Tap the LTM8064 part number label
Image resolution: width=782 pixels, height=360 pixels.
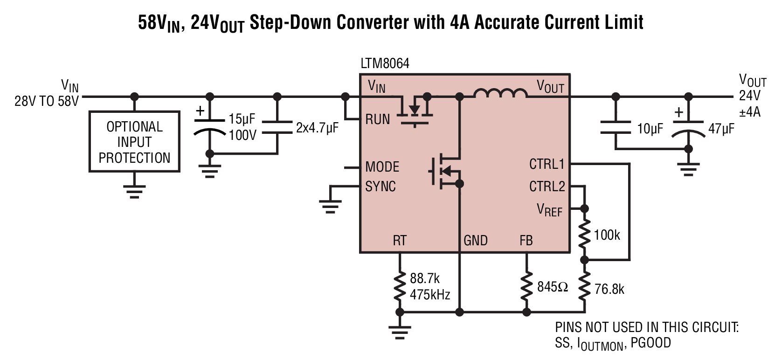coord(385,63)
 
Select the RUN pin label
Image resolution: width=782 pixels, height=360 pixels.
coord(377,119)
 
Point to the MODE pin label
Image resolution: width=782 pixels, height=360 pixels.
coord(382,167)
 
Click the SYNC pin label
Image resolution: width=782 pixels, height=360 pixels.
coord(380,187)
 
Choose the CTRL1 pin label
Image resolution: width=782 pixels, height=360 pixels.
coord(547,164)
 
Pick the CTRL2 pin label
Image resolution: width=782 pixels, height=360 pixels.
coord(547,187)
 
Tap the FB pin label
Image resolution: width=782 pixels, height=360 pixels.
coord(526,241)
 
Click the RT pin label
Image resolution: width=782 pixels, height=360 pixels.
coord(400,241)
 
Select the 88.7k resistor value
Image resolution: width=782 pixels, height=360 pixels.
coord(424,278)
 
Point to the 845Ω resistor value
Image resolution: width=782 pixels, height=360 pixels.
coord(552,287)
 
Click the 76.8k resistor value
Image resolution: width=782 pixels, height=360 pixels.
coord(609,289)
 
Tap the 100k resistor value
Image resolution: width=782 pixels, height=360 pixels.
coord(607,235)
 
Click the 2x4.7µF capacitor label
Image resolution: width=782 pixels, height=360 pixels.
coord(317,128)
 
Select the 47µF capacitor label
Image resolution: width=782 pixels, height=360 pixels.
coord(721,129)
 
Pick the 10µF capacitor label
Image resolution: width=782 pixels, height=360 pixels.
coord(650,129)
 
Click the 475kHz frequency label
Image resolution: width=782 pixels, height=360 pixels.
coord(430,295)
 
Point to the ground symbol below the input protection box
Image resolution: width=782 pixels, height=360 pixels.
coord(134,192)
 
